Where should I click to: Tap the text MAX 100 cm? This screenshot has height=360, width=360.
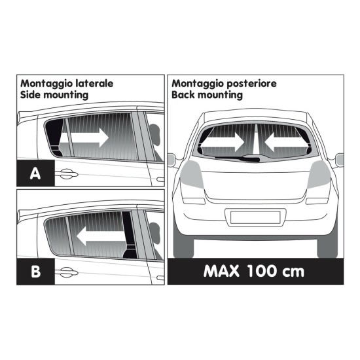coord(255,270)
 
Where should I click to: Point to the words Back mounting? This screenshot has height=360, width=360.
coord(207,95)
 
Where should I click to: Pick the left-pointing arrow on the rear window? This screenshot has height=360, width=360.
coord(281,140)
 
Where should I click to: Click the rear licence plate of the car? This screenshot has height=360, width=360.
coord(256,217)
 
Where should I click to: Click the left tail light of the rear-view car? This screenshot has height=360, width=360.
coord(190,174)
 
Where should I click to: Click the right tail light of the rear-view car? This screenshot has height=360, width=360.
coord(321,174)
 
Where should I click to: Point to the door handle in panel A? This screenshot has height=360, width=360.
coord(66,174)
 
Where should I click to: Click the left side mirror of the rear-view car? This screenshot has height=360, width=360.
coord(172,158)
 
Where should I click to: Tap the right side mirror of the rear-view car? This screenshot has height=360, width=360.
coord(339,158)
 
